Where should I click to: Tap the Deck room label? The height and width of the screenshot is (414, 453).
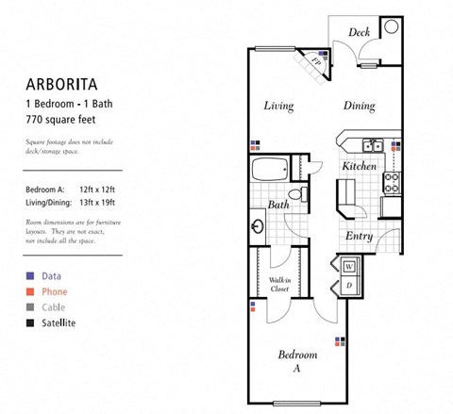tap(359, 33)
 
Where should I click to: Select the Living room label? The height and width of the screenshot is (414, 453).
tap(277, 106)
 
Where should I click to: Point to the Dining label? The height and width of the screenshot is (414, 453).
tap(360, 106)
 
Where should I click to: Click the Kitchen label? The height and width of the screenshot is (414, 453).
tap(359, 166)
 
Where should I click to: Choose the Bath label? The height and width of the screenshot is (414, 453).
tap(278, 204)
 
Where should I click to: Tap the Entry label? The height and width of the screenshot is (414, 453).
tap(359, 236)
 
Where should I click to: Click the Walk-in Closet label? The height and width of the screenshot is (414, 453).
tap(279, 284)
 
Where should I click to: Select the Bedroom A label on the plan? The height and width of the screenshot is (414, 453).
tap(296, 361)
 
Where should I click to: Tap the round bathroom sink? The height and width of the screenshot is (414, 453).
tap(259, 227)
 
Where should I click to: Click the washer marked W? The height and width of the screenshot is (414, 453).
tap(347, 267)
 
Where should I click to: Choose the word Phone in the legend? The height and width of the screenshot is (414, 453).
tap(55, 292)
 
